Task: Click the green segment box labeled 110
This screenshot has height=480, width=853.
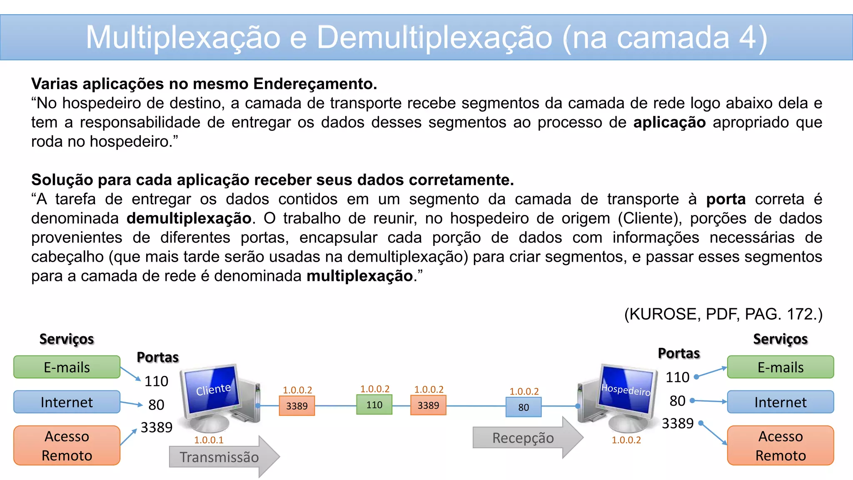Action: point(374,405)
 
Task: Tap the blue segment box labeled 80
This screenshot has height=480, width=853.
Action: point(524,407)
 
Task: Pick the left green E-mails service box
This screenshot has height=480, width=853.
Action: point(67,367)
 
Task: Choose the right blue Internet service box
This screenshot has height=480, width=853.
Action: point(780,402)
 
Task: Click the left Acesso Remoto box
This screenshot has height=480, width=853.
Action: point(67,445)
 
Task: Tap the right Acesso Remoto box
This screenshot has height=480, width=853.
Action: point(780,445)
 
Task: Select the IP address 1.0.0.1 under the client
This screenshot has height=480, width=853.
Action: point(209,440)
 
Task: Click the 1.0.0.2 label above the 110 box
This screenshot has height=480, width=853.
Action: point(375,389)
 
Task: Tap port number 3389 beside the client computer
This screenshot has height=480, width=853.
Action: point(156,427)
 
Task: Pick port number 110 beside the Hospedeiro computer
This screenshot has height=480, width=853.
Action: point(677,377)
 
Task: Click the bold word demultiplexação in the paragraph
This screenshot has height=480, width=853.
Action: point(189,218)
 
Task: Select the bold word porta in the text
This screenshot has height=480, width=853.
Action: point(726,199)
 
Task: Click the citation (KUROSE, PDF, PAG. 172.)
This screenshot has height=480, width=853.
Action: point(723,314)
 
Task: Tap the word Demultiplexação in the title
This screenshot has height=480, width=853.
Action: point(434,37)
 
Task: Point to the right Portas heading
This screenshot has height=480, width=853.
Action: point(678,353)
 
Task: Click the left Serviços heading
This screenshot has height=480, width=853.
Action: point(67,339)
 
